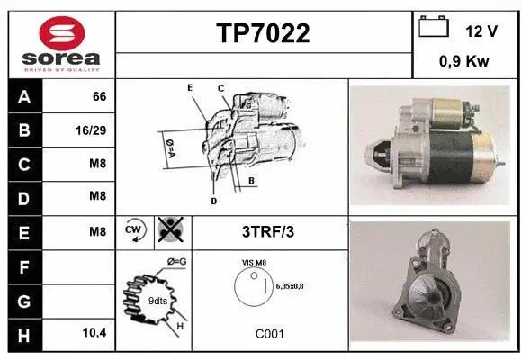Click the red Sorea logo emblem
(62, 33)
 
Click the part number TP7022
(263, 33)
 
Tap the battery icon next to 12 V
(434, 26)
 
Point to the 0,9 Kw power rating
(464, 61)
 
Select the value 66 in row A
(100, 96)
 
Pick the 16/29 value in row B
(91, 130)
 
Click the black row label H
(24, 336)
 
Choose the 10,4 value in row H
(94, 332)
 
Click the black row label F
(24, 267)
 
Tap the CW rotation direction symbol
(135, 230)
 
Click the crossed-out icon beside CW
(171, 229)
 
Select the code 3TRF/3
(268, 232)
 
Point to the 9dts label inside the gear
(157, 301)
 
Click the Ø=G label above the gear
(176, 262)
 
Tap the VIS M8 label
(254, 263)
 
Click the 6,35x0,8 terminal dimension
(290, 286)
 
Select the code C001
(270, 334)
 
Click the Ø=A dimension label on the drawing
(170, 148)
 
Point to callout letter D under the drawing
(213, 201)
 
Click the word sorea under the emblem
(61, 58)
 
